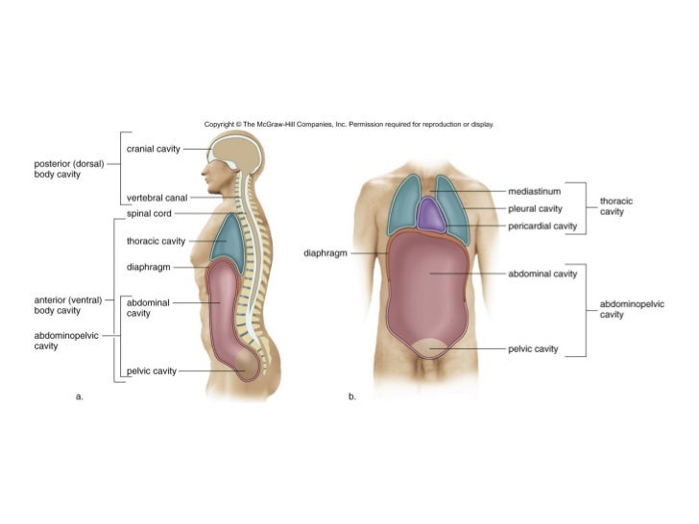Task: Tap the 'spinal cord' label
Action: coord(149,213)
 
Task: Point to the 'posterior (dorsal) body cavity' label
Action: coord(62,168)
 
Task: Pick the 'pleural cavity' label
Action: coord(535,207)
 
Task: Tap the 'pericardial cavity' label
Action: coord(542,226)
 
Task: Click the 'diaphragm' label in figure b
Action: coord(325,254)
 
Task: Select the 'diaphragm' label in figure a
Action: coord(149,266)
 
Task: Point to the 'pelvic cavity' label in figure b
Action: coord(533,349)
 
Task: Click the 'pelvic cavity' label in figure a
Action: coord(152,370)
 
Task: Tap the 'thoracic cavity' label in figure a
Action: coord(156,240)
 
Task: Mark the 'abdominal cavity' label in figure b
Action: coord(542,274)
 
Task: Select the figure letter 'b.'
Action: coord(352,395)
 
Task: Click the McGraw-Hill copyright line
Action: coord(349,124)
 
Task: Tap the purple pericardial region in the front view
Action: coord(434,216)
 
